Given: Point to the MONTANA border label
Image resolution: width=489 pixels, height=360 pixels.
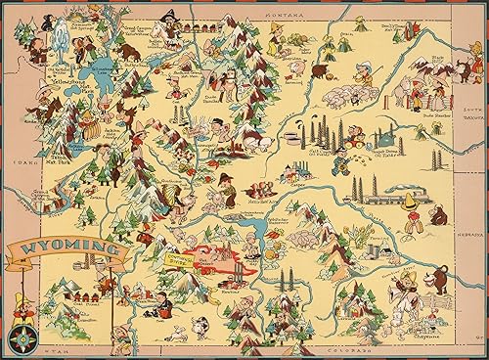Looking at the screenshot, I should pos(260,7).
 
